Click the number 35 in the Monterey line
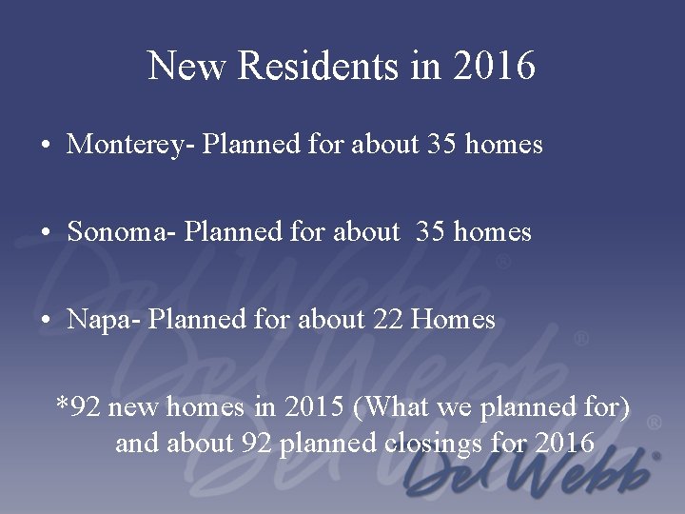(x=441, y=145)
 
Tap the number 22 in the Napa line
(x=387, y=320)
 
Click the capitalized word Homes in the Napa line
(x=453, y=320)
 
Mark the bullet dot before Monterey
(x=46, y=146)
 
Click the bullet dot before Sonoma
(x=46, y=232)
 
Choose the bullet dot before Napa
(x=46, y=321)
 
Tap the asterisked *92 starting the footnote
(x=78, y=408)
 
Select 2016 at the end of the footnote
(x=565, y=444)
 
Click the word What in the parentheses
(x=392, y=408)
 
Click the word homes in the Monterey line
(x=504, y=145)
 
